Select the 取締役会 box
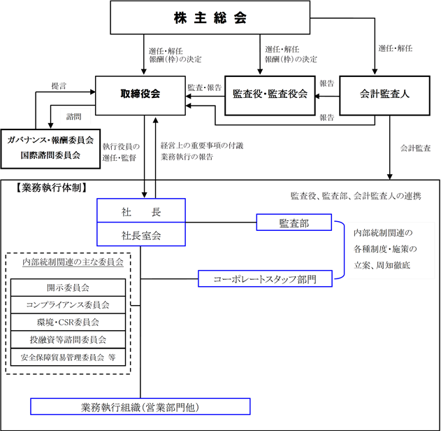click(140, 94)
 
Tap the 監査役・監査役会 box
click(269, 94)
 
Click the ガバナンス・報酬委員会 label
click(50, 140)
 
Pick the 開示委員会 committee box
click(68, 287)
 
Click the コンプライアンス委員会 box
click(68, 304)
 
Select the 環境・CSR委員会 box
click(68, 322)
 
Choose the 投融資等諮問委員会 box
click(68, 339)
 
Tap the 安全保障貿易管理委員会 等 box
click(68, 357)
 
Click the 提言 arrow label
click(59, 85)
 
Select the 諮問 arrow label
click(74, 115)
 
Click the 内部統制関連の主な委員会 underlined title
click(73, 262)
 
